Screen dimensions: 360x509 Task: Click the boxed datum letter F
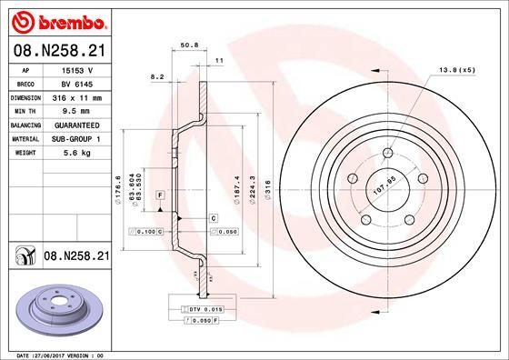(160, 196)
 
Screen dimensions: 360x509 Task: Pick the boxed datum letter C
(213, 218)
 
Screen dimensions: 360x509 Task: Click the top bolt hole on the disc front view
(388, 153)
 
